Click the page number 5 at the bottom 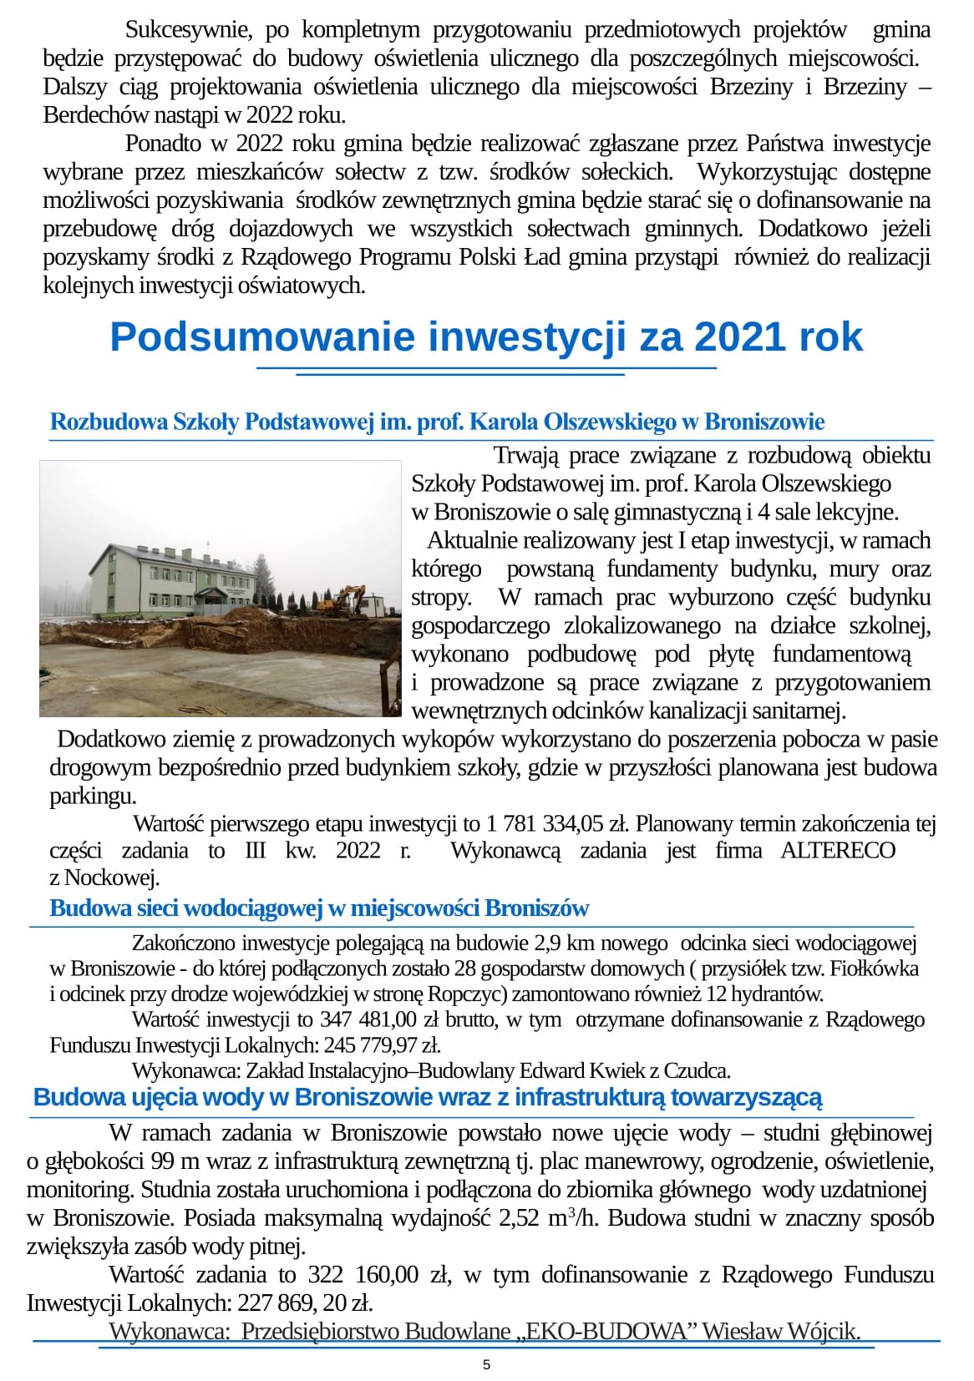point(487,1365)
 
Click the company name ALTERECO point(838,850)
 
